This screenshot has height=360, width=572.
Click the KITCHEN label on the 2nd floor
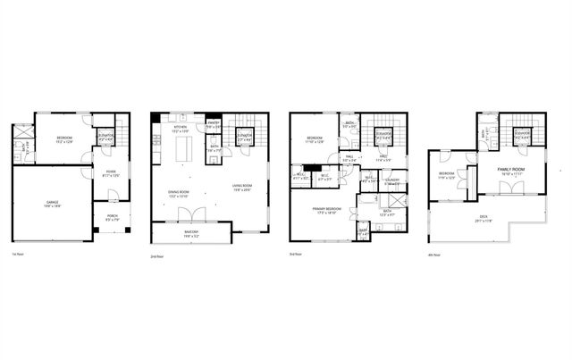pyautogui.click(x=181, y=129)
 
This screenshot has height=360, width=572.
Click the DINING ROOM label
pyautogui.click(x=180, y=193)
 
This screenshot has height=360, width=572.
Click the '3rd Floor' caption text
pyautogui.click(x=296, y=255)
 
